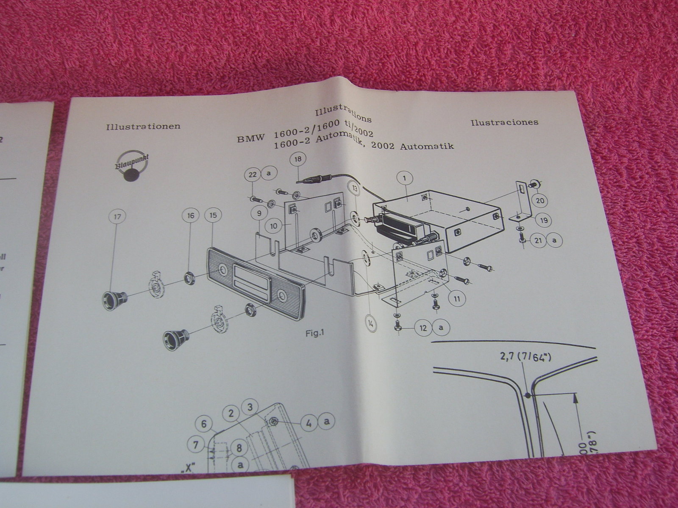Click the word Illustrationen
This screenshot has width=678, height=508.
point(144,126)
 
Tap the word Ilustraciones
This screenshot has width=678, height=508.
point(504,122)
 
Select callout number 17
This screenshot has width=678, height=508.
point(117,217)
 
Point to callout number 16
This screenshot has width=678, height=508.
point(190,215)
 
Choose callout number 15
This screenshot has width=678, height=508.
point(213,215)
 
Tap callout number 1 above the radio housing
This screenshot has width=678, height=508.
point(405,179)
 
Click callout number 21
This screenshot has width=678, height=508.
point(539,240)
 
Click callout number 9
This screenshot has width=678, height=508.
point(258,214)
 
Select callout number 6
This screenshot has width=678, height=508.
point(204,424)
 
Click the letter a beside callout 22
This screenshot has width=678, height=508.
point(269,174)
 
